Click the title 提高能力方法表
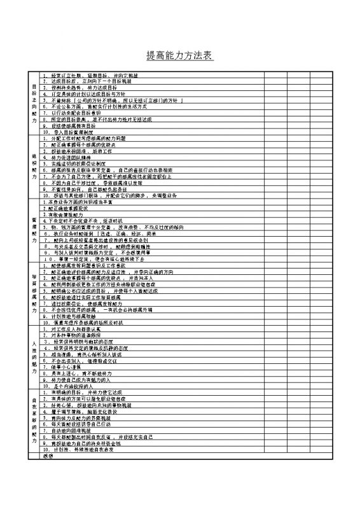[179, 57]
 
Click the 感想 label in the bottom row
[48, 456]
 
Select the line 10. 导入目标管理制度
[76, 132]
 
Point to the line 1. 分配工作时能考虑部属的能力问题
[89, 138]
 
